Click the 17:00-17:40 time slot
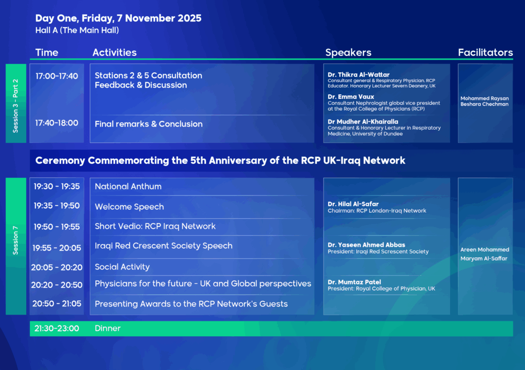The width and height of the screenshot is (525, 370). click(x=56, y=76)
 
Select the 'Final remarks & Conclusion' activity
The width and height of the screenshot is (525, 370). click(x=148, y=124)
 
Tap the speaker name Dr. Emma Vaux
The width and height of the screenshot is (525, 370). click(x=351, y=97)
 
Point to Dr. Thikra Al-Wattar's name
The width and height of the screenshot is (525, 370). click(x=358, y=75)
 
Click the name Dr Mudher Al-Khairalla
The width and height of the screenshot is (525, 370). click(x=362, y=122)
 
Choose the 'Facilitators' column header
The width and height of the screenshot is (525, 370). click(x=485, y=52)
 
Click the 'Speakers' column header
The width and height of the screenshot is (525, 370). click(x=348, y=52)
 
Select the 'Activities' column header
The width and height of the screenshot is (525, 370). click(x=114, y=52)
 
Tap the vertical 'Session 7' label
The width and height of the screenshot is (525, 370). click(x=16, y=240)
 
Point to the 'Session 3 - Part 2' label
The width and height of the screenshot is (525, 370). click(x=16, y=106)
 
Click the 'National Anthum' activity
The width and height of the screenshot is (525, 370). click(x=128, y=187)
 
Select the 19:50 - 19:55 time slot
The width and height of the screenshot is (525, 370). click(x=56, y=227)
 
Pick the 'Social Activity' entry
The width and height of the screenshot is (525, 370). click(x=122, y=267)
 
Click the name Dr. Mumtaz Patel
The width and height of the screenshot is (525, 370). click(x=354, y=282)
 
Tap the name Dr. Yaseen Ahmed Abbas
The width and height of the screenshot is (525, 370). click(x=366, y=245)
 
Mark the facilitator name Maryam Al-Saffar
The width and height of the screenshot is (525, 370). click(x=483, y=259)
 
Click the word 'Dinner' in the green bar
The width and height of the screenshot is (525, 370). click(x=108, y=328)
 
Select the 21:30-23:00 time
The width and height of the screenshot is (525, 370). click(x=56, y=328)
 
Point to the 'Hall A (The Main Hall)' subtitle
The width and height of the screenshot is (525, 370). click(x=77, y=30)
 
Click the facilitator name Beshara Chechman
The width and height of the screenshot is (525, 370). click(x=484, y=105)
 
